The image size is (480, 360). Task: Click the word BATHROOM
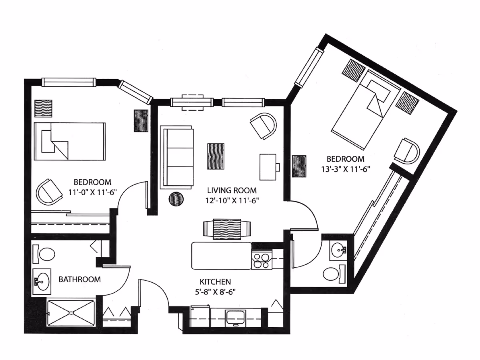coord(80,279)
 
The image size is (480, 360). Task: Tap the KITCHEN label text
coord(215,282)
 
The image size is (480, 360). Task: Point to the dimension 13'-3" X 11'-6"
coord(345,169)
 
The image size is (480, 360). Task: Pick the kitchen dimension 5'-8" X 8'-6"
coord(215,292)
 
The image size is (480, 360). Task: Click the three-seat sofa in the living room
coord(176,157)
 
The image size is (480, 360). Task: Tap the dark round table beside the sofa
coord(176,199)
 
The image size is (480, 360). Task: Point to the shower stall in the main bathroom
coord(71,313)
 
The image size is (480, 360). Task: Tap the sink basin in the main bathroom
coord(42,281)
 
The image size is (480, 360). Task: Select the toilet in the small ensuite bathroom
coord(333,274)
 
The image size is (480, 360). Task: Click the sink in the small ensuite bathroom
coord(338,250)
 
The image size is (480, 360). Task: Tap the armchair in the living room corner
coord(264,126)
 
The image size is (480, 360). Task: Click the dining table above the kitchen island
coord(227,229)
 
